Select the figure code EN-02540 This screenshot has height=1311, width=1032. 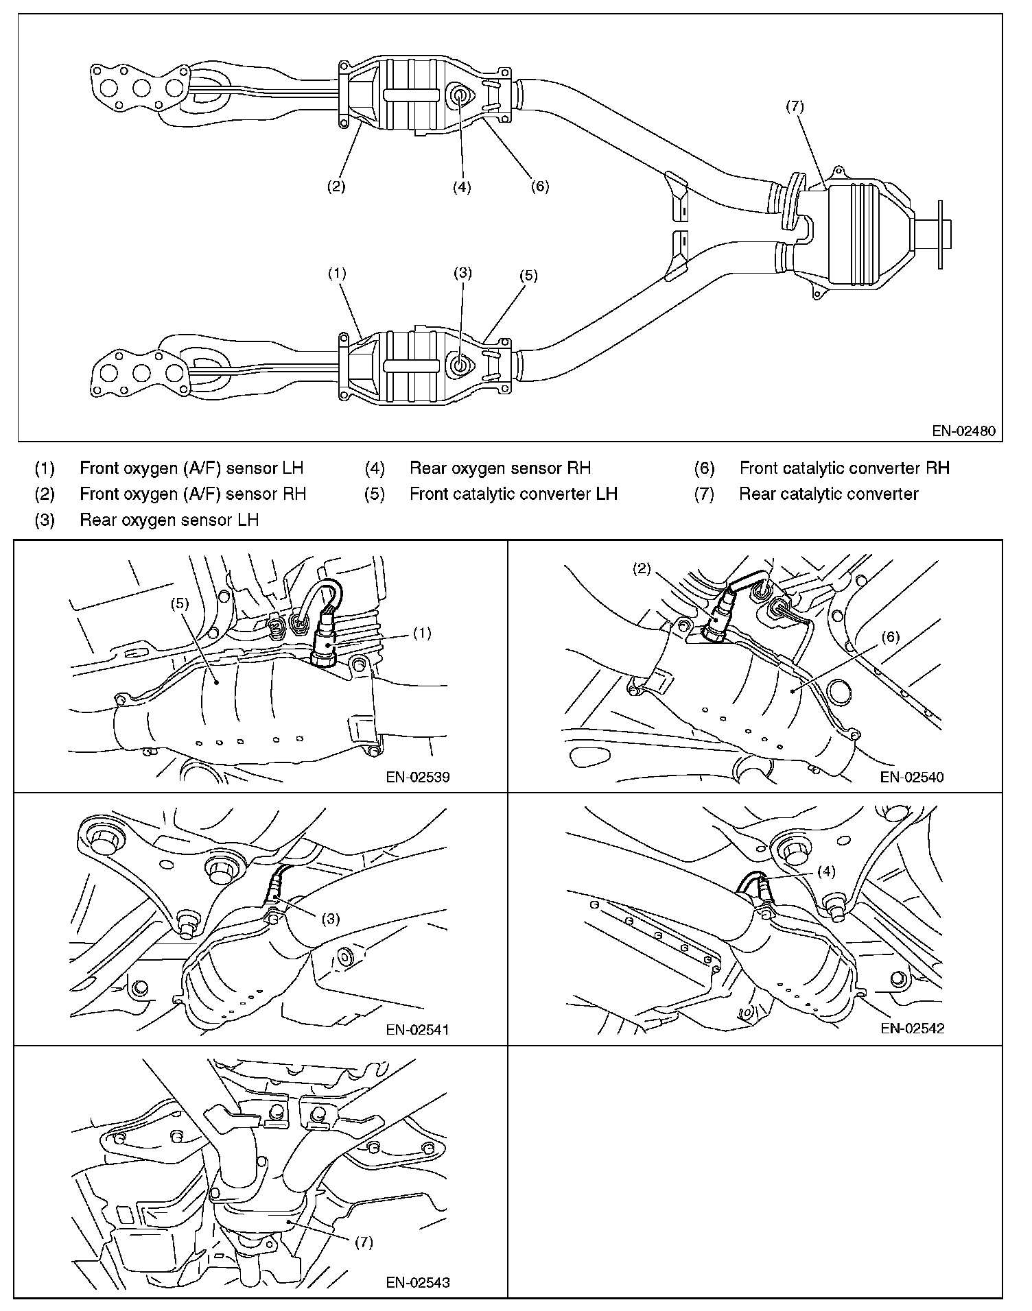912,777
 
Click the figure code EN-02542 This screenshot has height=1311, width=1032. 912,1029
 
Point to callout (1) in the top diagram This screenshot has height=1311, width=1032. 336,274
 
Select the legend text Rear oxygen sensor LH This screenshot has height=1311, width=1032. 169,520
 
